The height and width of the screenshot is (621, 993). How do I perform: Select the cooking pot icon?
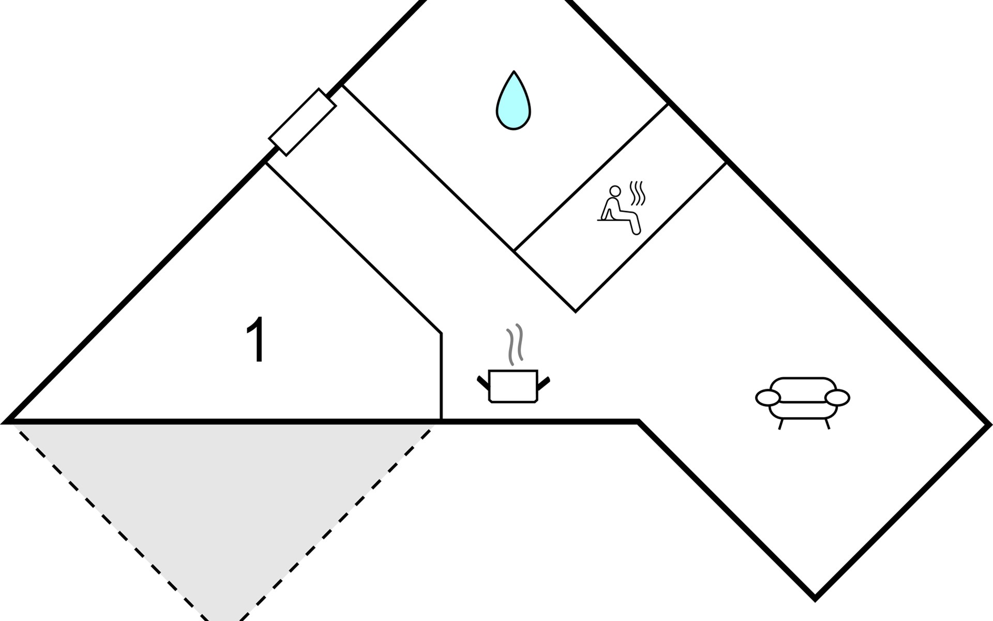[x=513, y=386]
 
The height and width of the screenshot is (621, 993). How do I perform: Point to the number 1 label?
[x=257, y=339]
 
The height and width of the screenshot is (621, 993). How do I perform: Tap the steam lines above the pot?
[x=515, y=344]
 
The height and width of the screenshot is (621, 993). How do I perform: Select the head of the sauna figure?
[x=615, y=190]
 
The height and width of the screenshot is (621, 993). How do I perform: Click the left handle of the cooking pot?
[x=483, y=383]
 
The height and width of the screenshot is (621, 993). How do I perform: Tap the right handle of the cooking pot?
[x=544, y=383]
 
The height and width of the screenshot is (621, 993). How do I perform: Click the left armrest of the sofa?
[x=768, y=397]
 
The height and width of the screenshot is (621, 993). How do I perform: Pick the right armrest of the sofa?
[x=837, y=397]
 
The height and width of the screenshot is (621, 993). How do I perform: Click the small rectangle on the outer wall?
[x=303, y=122]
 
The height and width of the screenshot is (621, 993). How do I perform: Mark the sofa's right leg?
[x=827, y=424]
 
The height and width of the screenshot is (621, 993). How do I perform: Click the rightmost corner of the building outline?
[x=989, y=424]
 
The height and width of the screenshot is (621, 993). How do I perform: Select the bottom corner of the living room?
[x=815, y=599]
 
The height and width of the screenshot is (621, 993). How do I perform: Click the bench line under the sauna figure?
[x=610, y=220]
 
